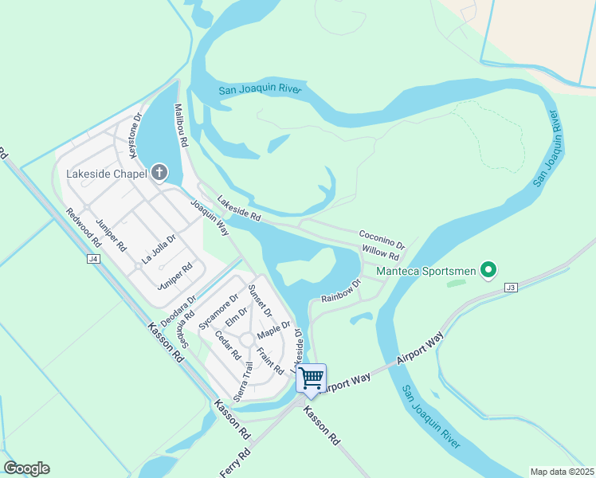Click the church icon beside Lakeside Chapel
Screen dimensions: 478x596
pos(159,172)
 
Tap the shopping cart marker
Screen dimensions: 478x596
pos(312,377)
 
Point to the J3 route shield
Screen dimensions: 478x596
pos(511,288)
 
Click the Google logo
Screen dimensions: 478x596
pos(26,468)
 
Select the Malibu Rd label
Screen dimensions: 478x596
pos(181,125)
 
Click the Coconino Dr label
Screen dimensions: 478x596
pos(382,239)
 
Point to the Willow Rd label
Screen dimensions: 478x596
pos(380,253)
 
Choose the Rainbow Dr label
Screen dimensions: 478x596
pos(341,292)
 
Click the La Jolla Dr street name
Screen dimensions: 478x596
pos(159,249)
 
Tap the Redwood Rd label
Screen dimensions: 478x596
pos(84,227)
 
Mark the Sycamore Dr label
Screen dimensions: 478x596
pos(218,311)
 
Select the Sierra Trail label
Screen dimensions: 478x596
pos(244,381)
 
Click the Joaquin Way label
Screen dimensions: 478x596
pos(210,217)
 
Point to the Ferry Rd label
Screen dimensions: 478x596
pos(234,463)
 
